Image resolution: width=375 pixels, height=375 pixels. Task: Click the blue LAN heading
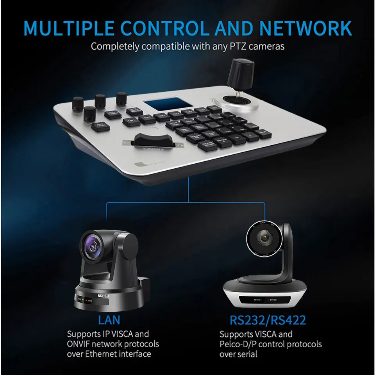pyautogui.click(x=109, y=320)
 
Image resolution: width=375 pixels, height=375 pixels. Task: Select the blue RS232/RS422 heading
pyautogui.click(x=268, y=320)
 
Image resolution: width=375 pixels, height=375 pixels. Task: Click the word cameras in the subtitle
pyautogui.click(x=268, y=46)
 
